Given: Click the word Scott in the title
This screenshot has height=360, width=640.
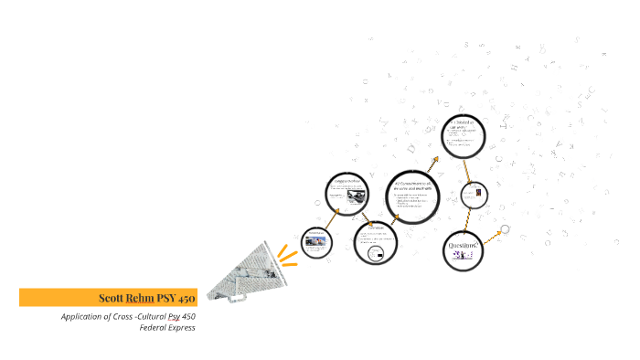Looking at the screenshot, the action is pos(112,298).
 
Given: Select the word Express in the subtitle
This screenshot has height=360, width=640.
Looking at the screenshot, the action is pos(182,328).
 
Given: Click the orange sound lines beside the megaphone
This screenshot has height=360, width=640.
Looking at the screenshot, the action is pos(288,254).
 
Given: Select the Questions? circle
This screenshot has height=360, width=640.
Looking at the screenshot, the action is pos(462,249).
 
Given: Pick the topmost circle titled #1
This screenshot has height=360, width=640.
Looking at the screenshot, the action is pos(463,136).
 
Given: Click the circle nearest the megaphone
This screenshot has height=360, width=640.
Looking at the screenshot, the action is pos(316,242).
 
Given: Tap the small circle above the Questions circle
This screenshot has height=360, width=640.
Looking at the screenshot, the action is pos(474,196).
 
